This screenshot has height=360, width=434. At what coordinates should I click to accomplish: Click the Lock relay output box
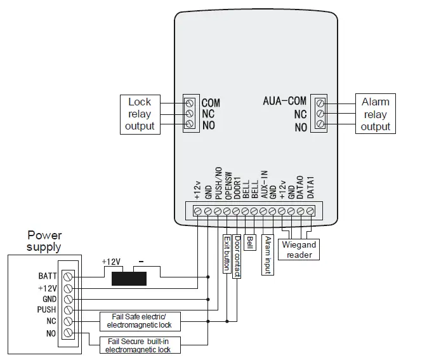[140, 114]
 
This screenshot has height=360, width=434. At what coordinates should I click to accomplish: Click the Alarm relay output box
[375, 114]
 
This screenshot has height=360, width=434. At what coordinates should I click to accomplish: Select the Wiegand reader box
[299, 249]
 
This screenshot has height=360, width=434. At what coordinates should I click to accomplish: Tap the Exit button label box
[226, 254]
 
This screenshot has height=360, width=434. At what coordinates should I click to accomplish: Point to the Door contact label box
[237, 257]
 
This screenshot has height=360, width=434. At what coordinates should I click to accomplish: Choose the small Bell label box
[249, 242]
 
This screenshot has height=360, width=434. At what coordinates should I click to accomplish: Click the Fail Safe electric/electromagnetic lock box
[140, 321]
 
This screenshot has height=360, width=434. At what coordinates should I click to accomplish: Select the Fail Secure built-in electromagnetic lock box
[137, 345]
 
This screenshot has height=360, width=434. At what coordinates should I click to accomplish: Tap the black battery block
[128, 278]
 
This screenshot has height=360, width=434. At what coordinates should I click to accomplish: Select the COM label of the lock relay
[211, 102]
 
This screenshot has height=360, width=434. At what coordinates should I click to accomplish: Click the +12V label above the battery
[112, 262]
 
